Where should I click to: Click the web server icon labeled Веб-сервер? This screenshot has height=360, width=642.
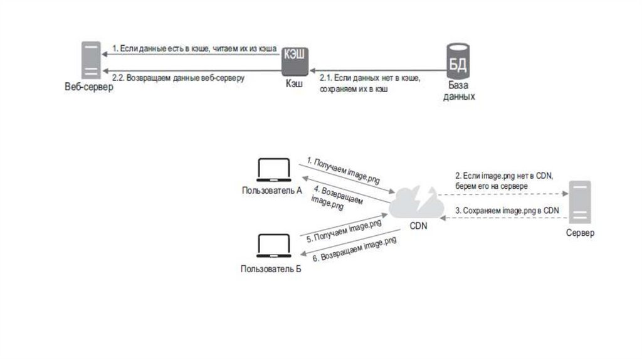[x=91, y=61]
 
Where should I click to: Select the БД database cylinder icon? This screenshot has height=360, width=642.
[x=458, y=60]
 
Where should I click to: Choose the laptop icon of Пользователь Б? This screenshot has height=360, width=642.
[x=273, y=246]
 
